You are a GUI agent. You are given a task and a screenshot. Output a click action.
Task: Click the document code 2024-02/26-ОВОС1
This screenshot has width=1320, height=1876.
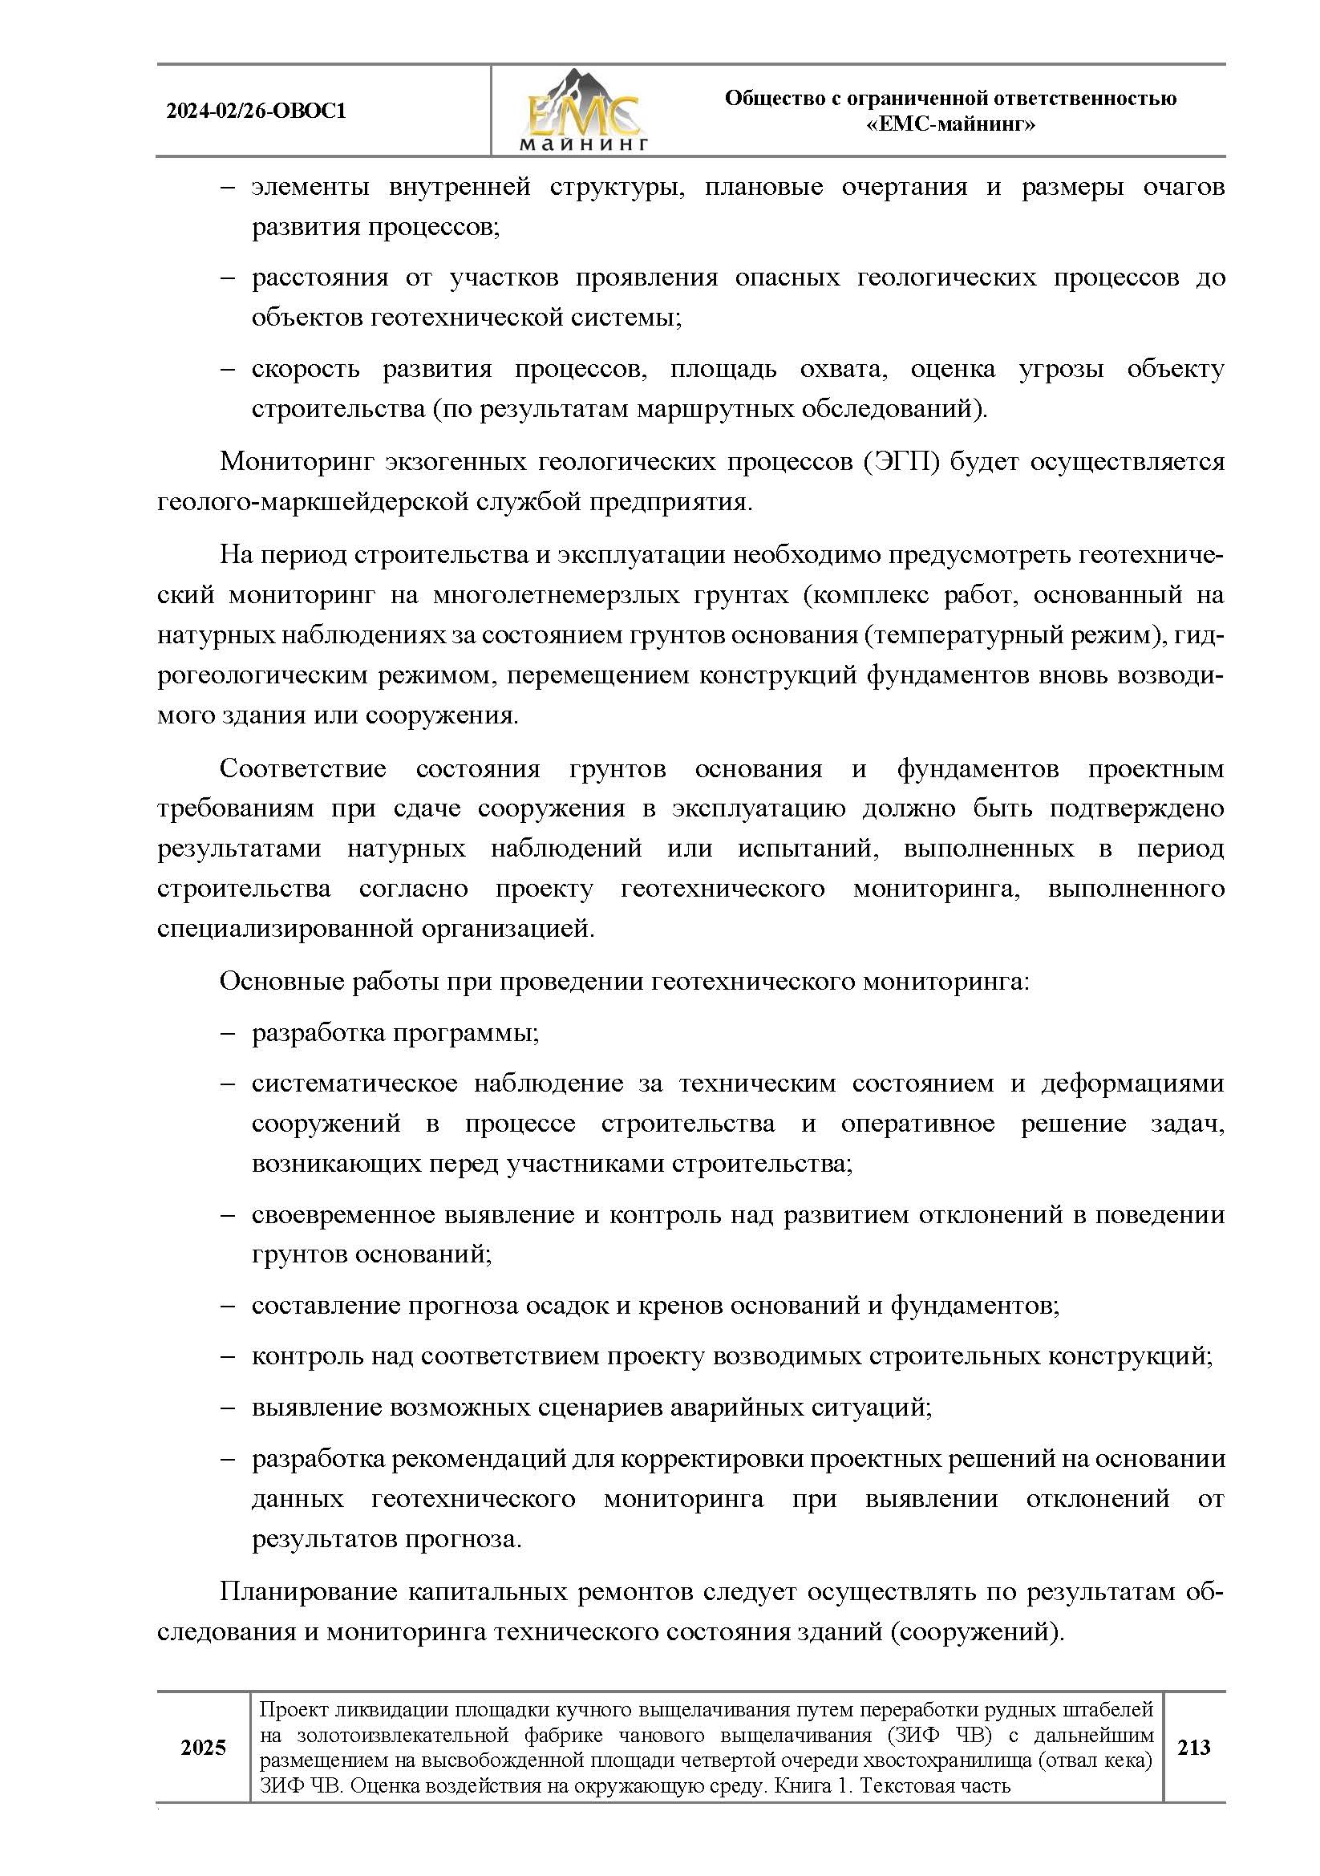pos(256,111)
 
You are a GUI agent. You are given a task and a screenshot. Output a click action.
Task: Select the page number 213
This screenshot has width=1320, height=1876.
pos(1193,1748)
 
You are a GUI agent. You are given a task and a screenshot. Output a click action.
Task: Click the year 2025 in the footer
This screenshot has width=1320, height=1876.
pos(203,1748)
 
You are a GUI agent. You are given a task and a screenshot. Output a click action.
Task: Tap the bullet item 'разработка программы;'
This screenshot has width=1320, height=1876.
pos(395,1033)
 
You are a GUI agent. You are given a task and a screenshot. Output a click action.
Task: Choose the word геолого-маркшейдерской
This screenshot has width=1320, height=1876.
pos(314,501)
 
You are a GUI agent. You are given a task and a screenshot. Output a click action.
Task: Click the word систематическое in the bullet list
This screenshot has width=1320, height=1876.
pos(354,1084)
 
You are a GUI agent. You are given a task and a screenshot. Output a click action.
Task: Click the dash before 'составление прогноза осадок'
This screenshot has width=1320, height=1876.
pos(228,1306)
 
